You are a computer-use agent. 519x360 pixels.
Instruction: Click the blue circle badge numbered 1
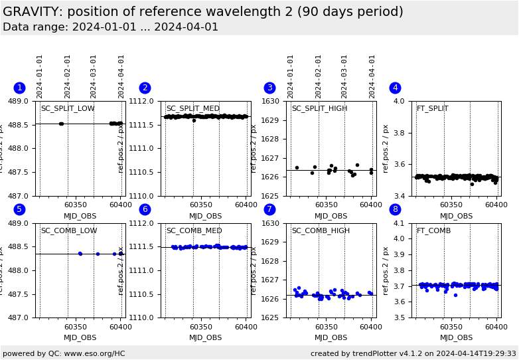pos(19,88)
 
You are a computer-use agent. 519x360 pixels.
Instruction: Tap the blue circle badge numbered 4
pos(395,88)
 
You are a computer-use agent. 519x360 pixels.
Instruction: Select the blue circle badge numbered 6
pos(145,210)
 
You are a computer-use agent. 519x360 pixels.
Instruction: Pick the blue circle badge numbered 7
pos(269,210)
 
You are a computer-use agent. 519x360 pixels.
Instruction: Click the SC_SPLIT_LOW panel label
pos(68,109)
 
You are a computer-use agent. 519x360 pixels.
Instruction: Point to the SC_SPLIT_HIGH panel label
pos(319,109)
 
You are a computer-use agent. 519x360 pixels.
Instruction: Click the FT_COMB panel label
pos(433,231)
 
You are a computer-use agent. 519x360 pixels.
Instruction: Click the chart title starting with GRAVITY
pos(203,12)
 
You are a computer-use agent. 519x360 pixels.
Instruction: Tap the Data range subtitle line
pos(110,27)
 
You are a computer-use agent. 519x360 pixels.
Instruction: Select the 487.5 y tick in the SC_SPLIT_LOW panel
pos(18,173)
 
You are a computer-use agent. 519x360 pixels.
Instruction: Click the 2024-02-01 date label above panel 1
pos(68,76)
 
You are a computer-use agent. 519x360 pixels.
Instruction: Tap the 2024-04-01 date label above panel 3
pos(372,76)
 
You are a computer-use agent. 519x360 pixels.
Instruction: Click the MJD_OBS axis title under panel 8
pos(456,338)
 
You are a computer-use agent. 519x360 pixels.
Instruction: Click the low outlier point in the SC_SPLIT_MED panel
pos(194,120)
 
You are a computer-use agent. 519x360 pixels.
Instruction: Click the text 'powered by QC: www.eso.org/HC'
pos(64,354)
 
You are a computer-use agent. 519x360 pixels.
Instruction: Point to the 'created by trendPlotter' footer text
pos(413,354)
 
